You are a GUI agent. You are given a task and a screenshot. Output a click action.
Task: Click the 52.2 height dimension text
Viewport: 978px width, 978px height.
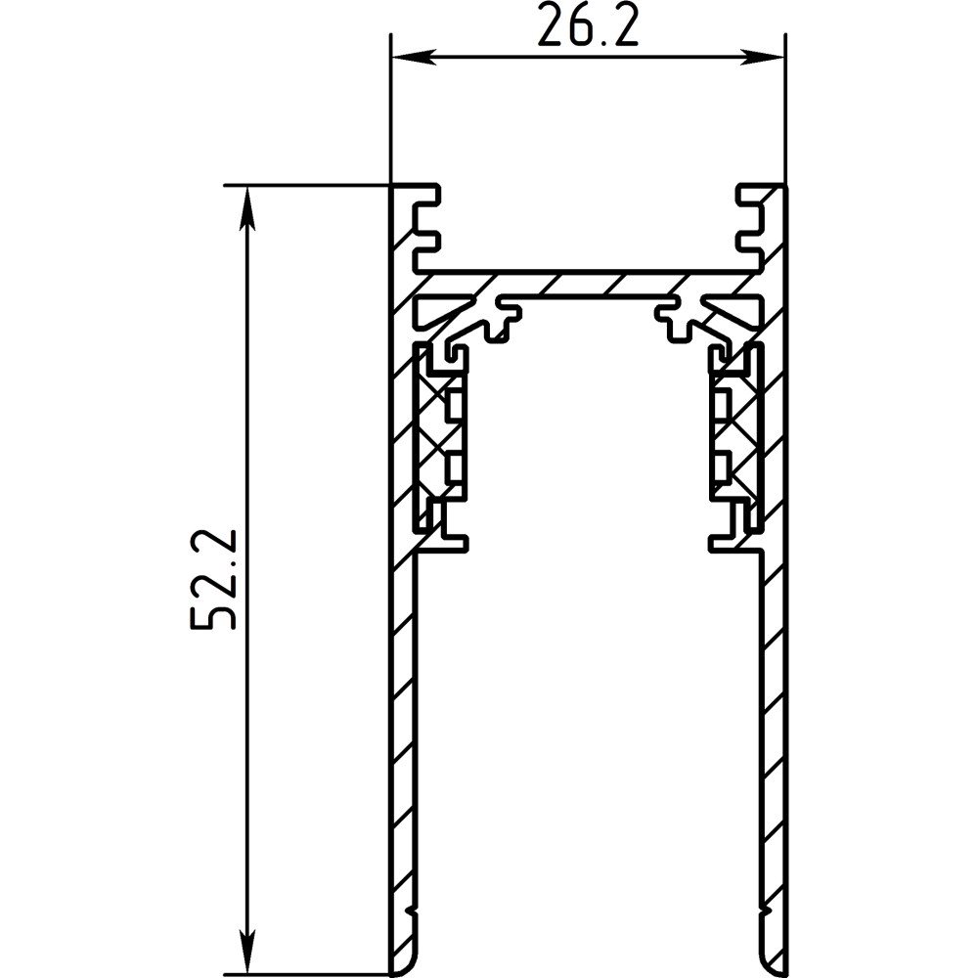coord(213,579)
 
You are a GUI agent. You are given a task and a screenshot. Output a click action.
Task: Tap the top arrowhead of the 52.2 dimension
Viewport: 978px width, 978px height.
coord(248,207)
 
